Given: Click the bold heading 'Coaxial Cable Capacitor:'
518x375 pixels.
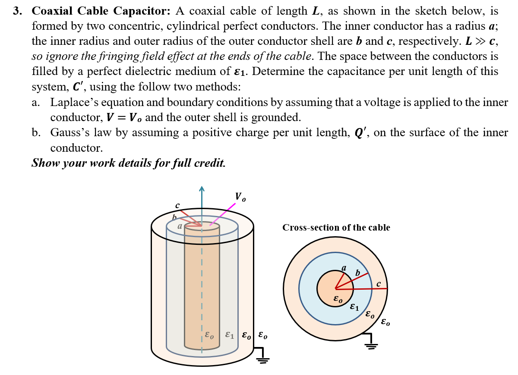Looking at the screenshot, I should (101, 11).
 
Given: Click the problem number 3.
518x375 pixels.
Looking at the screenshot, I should (17, 11).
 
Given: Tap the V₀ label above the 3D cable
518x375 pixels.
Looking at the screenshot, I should (240, 197).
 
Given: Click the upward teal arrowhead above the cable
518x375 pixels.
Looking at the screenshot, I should (201, 188).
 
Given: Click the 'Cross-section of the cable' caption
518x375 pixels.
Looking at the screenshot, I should (336, 228).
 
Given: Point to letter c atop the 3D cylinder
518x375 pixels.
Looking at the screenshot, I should (177, 205).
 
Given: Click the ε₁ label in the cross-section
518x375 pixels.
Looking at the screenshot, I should (354, 307).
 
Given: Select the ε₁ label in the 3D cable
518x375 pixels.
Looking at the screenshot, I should (229, 335).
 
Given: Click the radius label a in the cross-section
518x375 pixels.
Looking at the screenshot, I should (344, 268).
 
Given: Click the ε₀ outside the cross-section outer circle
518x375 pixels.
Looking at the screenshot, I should (386, 322).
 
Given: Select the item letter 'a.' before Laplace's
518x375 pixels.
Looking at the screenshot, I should (36, 102).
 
